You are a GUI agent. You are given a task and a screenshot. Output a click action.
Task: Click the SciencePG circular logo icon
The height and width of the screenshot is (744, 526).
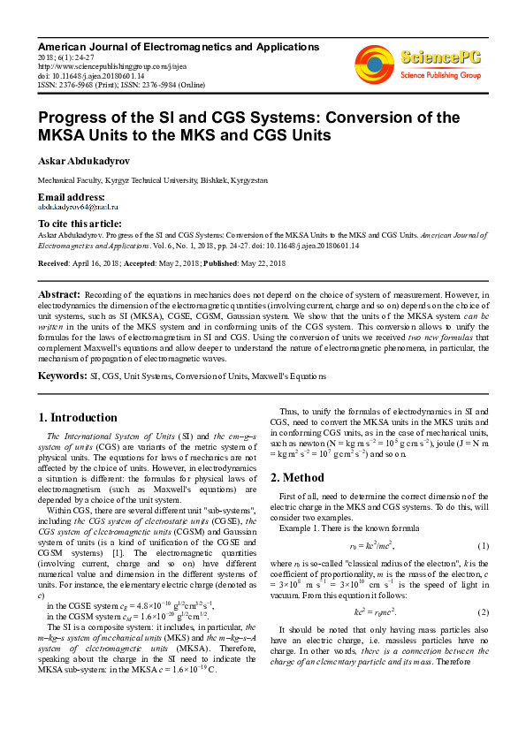pyautogui.click(x=374, y=63)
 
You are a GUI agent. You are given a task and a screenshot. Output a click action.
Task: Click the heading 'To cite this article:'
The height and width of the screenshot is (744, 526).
pyautogui.click(x=80, y=224)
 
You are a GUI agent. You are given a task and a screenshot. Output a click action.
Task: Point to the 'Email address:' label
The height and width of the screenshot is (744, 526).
pyautogui.click(x=71, y=196)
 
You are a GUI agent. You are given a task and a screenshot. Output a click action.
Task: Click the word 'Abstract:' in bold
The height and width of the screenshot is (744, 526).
pyautogui.click(x=60, y=293)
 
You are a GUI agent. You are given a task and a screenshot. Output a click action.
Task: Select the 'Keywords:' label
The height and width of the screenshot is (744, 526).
pyautogui.click(x=62, y=376)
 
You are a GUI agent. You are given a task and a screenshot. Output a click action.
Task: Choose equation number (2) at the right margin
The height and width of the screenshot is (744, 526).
pyautogui.click(x=484, y=611)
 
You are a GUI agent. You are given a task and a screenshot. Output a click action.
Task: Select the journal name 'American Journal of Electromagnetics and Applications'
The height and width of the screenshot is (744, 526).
pyautogui.click(x=178, y=46)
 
